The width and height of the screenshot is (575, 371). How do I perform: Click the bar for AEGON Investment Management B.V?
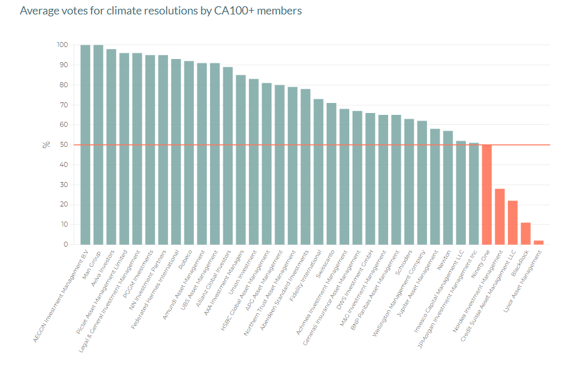pyautogui.click(x=85, y=144)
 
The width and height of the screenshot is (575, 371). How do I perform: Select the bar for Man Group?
pyautogui.click(x=98, y=144)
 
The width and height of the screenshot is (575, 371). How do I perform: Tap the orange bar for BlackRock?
pyautogui.click(x=525, y=234)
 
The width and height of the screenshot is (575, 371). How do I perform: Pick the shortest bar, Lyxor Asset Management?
pyautogui.click(x=539, y=242)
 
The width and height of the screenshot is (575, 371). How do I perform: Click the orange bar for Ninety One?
pyautogui.click(x=487, y=195)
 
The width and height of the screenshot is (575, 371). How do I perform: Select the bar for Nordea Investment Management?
pyautogui.click(x=500, y=217)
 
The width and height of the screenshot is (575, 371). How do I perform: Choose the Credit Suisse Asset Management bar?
pyautogui.click(x=513, y=222)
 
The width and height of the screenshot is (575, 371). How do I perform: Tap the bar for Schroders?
pyautogui.click(x=409, y=181)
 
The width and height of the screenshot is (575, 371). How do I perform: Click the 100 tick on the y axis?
pyautogui.click(x=62, y=45)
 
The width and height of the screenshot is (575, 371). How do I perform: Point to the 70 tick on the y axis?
pyautogui.click(x=63, y=105)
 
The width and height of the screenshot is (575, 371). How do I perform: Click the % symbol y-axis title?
pyautogui.click(x=46, y=144)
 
